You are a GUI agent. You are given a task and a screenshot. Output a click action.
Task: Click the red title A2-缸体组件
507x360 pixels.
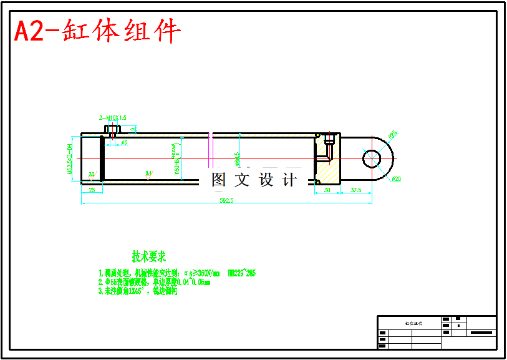point(98,31)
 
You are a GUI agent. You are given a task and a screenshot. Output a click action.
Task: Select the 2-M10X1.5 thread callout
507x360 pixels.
point(112,117)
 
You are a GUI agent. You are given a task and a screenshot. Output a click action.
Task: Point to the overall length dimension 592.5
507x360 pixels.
point(226,201)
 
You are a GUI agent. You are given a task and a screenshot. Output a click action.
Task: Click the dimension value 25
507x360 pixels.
point(92,190)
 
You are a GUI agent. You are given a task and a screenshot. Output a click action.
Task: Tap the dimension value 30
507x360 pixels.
point(326,190)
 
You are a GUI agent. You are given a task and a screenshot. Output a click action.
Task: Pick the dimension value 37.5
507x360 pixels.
point(356,190)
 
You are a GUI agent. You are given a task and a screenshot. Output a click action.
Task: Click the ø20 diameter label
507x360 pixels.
point(397,180)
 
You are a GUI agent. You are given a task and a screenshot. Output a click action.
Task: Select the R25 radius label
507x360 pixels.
point(392,134)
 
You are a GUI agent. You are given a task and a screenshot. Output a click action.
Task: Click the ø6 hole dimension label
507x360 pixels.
point(124,143)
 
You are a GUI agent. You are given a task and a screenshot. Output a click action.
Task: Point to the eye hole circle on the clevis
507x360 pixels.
point(373,158)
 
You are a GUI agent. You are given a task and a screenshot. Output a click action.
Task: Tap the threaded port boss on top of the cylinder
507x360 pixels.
point(112,130)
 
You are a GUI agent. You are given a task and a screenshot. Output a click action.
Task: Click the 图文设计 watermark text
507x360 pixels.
point(254,180)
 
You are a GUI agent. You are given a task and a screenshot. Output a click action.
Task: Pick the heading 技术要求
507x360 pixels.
point(148,256)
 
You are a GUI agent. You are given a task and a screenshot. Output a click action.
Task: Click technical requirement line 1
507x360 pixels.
point(176,273)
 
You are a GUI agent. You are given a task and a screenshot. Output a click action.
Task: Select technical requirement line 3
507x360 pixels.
point(137,291)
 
